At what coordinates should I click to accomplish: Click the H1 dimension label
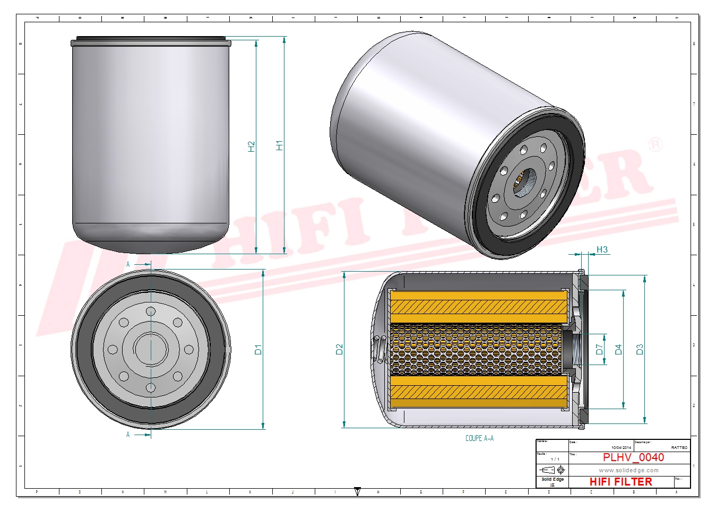[280, 145]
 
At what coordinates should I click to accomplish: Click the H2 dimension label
[252, 146]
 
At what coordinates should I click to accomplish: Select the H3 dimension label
[602, 249]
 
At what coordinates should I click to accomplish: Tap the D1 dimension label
[258, 349]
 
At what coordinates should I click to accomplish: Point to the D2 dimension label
[340, 349]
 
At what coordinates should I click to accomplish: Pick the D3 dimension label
[640, 349]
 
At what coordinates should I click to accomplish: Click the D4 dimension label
[618, 349]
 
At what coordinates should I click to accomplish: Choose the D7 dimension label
[599, 349]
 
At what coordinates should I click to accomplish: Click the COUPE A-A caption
[479, 438]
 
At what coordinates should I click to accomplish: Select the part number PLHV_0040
[633, 457]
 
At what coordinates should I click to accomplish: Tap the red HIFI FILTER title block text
[620, 482]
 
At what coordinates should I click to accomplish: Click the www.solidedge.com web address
[628, 470]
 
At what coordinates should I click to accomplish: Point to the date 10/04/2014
[622, 447]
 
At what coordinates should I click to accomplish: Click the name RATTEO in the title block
[679, 447]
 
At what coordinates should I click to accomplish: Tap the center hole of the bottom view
[151, 349]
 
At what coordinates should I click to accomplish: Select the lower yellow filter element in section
[479, 392]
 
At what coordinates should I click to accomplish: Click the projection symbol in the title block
[552, 470]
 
